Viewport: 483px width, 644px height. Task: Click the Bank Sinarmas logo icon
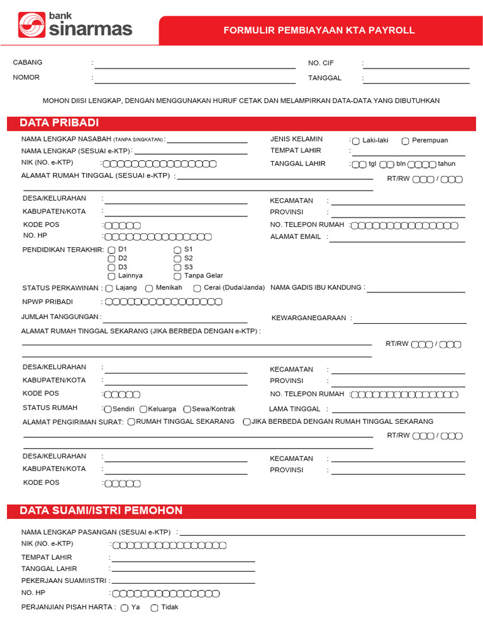coord(32,25)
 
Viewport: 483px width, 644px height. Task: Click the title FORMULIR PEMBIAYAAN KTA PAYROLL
coord(319,30)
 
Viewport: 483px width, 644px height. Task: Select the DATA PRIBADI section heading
coord(59,123)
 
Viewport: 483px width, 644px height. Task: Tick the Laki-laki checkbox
coord(356,141)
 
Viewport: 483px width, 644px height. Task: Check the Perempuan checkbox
coord(406,141)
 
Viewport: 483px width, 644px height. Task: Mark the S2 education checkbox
coord(177,258)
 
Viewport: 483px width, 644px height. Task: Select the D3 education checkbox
coord(111,267)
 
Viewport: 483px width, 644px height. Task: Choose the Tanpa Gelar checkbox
coord(177,276)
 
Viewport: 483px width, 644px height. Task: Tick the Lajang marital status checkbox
coord(109,288)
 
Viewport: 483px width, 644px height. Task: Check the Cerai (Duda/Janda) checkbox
coord(197,288)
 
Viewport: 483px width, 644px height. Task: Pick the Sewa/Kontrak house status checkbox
coord(187,409)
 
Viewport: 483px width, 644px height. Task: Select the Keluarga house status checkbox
coord(143,409)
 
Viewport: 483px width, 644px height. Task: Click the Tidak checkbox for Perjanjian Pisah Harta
coord(154,608)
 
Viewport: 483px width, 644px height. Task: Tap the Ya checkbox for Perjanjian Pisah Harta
coord(125,608)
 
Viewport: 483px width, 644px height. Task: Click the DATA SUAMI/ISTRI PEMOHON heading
coord(101,511)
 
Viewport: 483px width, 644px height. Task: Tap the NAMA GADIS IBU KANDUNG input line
coord(416,291)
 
